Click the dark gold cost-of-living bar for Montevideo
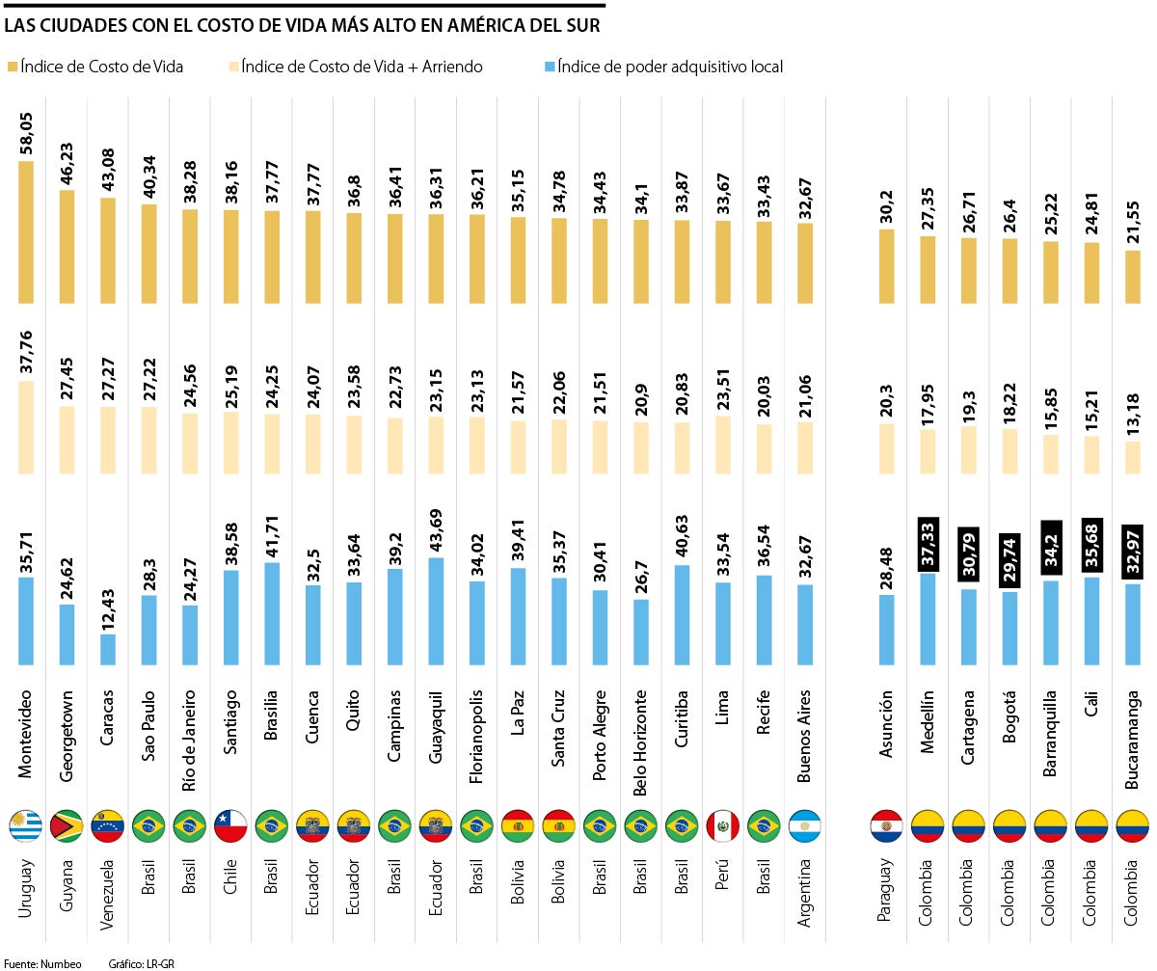coord(26,231)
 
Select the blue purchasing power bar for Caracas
coord(108,649)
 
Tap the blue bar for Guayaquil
coord(436,611)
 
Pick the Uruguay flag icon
coord(26,826)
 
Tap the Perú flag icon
coord(722,826)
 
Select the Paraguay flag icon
coord(886,826)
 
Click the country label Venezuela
coord(108,892)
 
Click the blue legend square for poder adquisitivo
coord(551,67)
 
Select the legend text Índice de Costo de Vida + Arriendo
coord(362,67)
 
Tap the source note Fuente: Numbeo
coord(42,963)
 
